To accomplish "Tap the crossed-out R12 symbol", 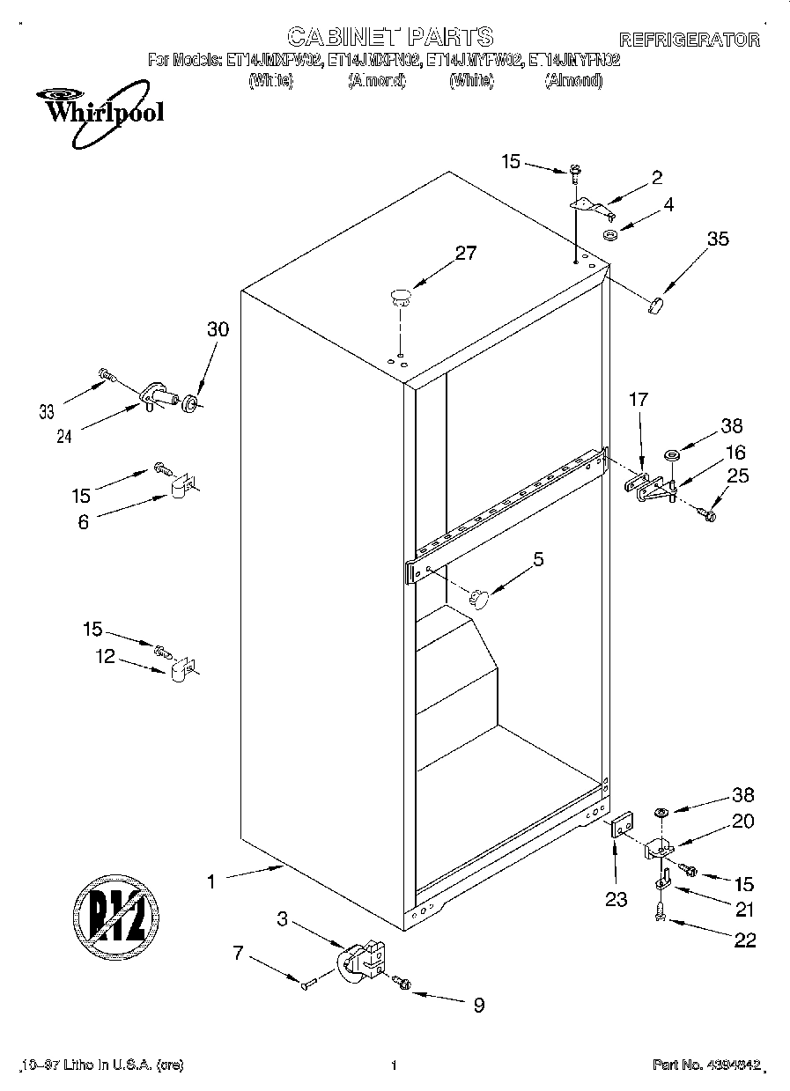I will (x=114, y=910).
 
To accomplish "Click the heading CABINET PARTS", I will (x=390, y=37).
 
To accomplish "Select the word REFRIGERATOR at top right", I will (x=689, y=40).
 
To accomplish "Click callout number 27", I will (x=465, y=254).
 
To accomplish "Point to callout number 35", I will (x=718, y=238).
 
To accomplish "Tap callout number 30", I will (x=218, y=329).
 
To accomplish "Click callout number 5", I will (x=538, y=558).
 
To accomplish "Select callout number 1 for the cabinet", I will (x=210, y=881).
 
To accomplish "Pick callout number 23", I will (x=616, y=899).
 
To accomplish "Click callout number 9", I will (x=478, y=1005).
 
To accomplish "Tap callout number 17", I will (x=638, y=400).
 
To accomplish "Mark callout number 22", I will (x=744, y=940).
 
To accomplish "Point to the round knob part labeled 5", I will (x=478, y=598).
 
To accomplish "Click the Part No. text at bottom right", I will (x=705, y=1065).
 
